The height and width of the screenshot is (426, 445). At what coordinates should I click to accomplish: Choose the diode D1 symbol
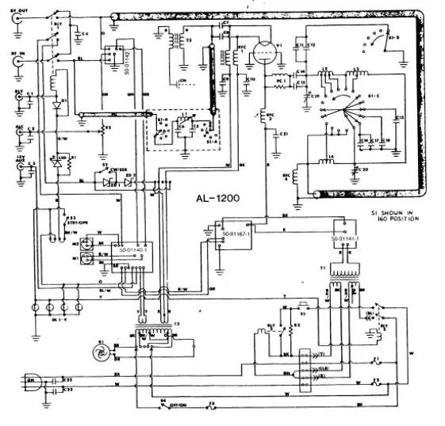(x=55, y=105)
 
